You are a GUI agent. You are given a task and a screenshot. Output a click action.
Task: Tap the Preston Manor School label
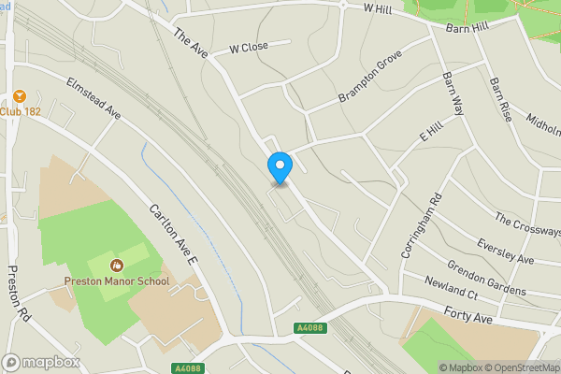118,280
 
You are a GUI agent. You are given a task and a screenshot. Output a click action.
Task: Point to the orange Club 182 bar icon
18,96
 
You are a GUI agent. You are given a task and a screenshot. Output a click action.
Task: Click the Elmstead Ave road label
94,97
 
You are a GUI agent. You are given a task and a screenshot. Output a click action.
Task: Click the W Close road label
249,48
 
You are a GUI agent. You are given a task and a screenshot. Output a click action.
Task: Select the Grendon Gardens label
489,278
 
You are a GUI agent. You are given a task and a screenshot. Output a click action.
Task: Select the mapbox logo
37,362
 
